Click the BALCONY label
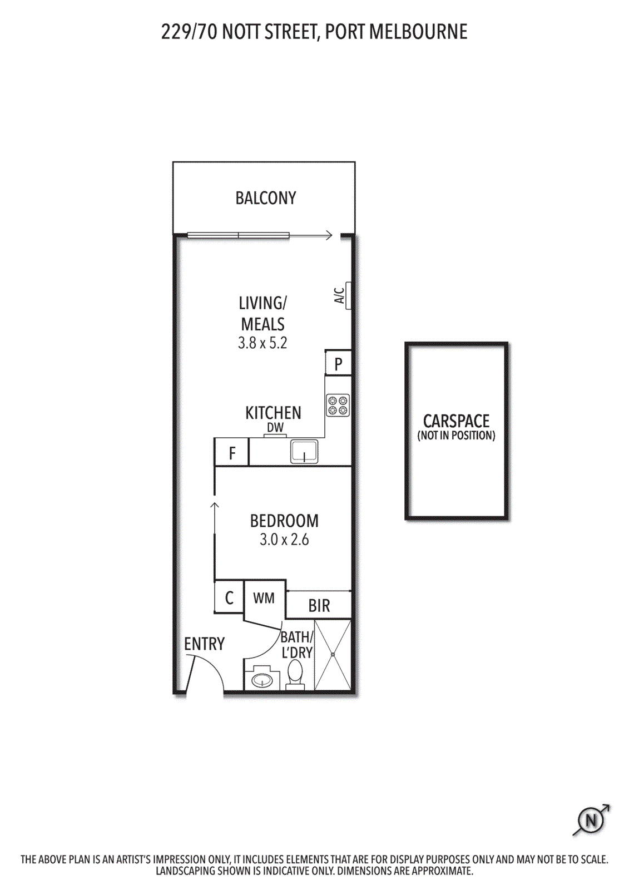click(x=265, y=198)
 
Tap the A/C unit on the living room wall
click(x=348, y=295)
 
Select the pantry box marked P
click(x=338, y=364)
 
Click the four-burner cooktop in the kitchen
click(x=338, y=405)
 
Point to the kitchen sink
click(x=304, y=451)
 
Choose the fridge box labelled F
click(x=232, y=453)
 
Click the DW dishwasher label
click(x=275, y=428)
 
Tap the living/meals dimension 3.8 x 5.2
click(x=263, y=343)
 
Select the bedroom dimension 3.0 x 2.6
click(x=284, y=540)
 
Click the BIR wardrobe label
click(x=319, y=606)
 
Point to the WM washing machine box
click(x=264, y=599)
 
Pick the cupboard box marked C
click(x=229, y=599)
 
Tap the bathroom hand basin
click(x=261, y=679)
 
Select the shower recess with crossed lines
click(x=333, y=655)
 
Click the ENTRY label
click(x=204, y=644)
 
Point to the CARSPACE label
click(x=456, y=421)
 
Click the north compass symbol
click(x=591, y=820)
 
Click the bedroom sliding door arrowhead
click(x=215, y=505)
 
